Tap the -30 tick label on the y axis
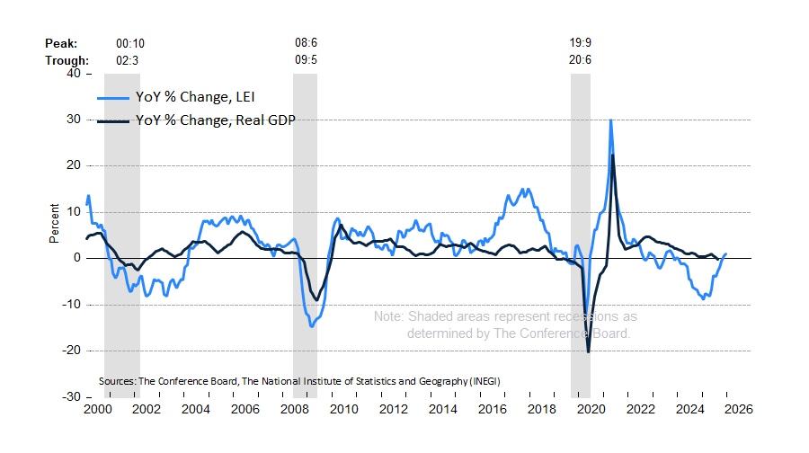71,396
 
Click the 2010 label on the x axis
342,408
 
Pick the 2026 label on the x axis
737,408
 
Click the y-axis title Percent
55,224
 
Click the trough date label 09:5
307,60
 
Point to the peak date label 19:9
581,43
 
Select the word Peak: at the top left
62,43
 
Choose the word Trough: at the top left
67,60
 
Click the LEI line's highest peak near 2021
611,120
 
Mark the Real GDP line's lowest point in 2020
589,351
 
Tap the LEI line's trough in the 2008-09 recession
312,325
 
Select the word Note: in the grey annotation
388,316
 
